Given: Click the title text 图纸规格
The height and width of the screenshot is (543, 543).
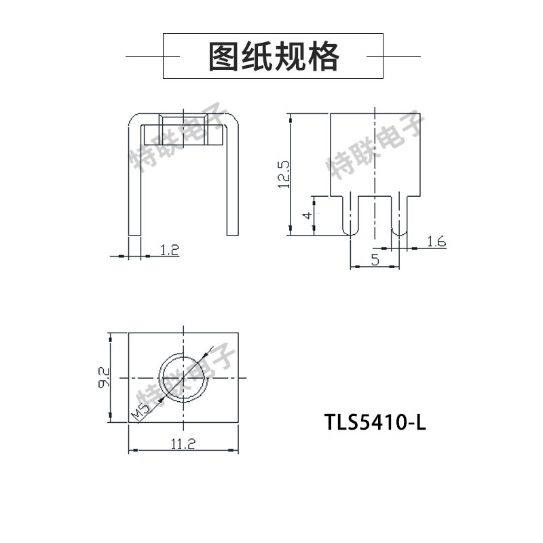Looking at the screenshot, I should coord(273,56).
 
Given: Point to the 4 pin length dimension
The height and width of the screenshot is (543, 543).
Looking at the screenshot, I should coord(307,215).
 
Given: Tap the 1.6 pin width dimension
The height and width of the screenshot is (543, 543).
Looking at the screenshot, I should coord(436,242).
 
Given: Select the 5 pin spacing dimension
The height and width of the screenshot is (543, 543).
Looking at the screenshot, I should coord(375,258).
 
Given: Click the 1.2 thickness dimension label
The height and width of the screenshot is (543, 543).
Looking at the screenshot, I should coord(170,250).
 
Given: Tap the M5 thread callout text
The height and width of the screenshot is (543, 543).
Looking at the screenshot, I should coord(141,410).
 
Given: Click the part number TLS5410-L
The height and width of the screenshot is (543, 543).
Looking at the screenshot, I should coord(375,422).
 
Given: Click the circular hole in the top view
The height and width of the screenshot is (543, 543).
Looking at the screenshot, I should coord(183,377).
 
